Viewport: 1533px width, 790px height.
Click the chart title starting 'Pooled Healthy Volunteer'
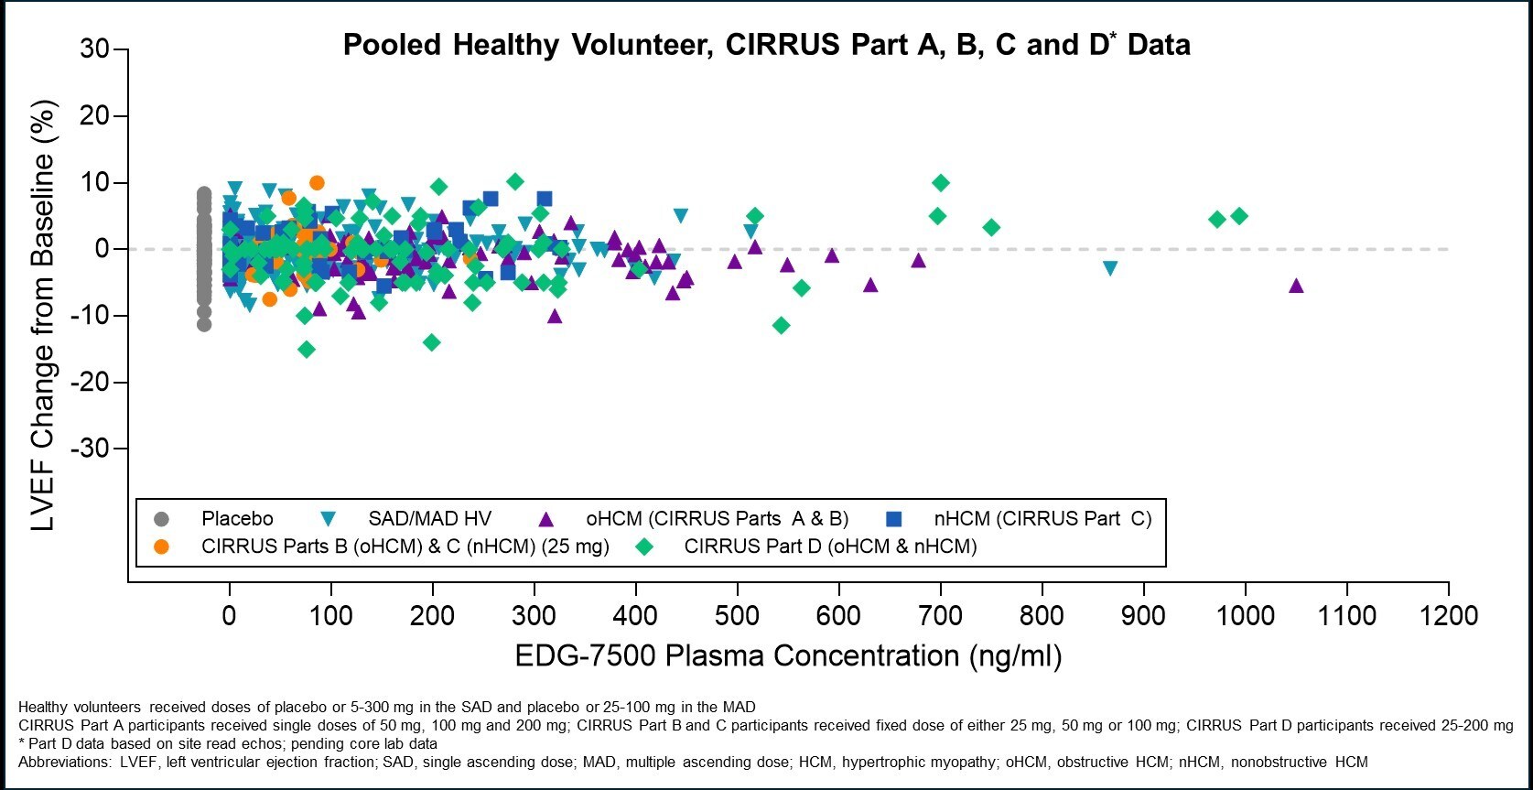point(766,44)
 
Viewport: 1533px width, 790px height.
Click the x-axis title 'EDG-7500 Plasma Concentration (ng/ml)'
point(788,655)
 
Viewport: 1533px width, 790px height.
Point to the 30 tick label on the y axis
point(94,49)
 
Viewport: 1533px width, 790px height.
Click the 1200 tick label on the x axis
point(1448,615)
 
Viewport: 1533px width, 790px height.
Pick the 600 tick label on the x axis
point(838,615)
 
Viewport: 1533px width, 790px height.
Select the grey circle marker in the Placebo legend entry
point(162,519)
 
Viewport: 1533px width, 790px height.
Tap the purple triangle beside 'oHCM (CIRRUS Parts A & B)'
point(545,519)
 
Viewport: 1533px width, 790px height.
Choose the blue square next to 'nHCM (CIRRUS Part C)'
point(894,519)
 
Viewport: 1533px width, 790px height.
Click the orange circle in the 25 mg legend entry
point(162,547)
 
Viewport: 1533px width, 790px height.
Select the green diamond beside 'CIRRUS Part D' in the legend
point(645,547)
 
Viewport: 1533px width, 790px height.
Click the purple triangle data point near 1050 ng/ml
point(1296,286)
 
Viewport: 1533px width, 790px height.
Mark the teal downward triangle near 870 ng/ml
point(1110,268)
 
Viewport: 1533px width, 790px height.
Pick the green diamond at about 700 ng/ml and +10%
point(940,183)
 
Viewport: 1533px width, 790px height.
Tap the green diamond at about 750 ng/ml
point(991,227)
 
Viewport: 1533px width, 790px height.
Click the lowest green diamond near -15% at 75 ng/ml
point(307,349)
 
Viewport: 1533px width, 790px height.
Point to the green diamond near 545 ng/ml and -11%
point(781,325)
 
